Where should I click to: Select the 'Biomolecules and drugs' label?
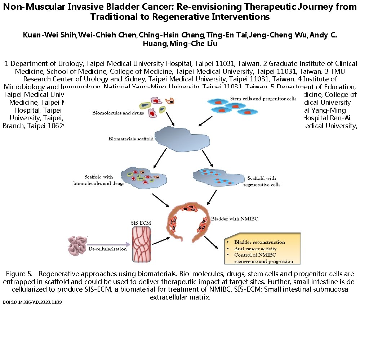pos(118,113)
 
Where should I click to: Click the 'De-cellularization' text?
pos(107,249)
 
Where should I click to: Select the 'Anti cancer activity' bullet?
pos(255,249)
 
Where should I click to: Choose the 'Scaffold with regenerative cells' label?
pos(262,181)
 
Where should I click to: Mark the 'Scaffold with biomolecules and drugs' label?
pos(99,180)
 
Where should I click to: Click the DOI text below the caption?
pos(32,303)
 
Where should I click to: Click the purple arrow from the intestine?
pos(108,244)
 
